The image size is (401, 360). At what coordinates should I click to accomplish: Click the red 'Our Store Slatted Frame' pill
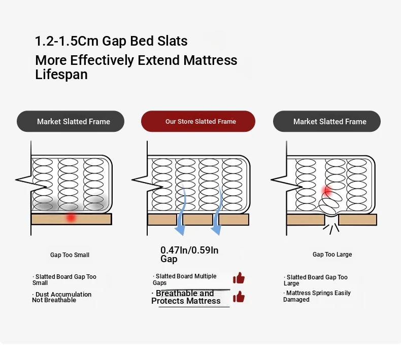pyautogui.click(x=198, y=121)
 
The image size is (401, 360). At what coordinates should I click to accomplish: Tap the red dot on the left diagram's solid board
pyautogui.click(x=71, y=218)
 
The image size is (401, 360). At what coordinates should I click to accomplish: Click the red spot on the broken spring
pyautogui.click(x=327, y=191)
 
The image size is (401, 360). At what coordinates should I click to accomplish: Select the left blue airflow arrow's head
pyautogui.click(x=180, y=231)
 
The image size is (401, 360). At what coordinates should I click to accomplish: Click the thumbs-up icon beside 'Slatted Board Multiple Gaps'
pyautogui.click(x=239, y=278)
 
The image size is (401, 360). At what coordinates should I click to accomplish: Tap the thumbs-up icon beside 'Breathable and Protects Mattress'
pyautogui.click(x=239, y=297)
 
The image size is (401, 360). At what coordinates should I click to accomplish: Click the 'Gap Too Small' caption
pyautogui.click(x=70, y=255)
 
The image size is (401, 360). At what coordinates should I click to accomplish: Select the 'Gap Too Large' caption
pyautogui.click(x=332, y=255)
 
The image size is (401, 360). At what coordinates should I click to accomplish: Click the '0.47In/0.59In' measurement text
pyautogui.click(x=189, y=250)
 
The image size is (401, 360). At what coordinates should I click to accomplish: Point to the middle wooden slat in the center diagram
pyautogui.click(x=197, y=220)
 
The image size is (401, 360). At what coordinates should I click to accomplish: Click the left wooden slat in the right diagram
pyautogui.click(x=306, y=220)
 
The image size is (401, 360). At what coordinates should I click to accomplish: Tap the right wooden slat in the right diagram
pyautogui.click(x=357, y=220)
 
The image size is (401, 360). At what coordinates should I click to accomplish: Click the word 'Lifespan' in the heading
pyautogui.click(x=61, y=75)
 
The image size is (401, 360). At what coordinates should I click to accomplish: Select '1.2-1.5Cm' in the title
pyautogui.click(x=66, y=41)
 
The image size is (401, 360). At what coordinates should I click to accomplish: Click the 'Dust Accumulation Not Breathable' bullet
pyautogui.click(x=61, y=297)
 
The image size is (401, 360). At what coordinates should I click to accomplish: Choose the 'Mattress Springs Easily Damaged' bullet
pyautogui.click(x=317, y=296)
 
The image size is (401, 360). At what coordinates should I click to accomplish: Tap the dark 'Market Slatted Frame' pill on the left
pyautogui.click(x=71, y=121)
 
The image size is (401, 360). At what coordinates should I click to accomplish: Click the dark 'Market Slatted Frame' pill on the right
pyautogui.click(x=327, y=121)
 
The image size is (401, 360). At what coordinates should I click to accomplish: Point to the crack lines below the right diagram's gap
pyautogui.click(x=331, y=229)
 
